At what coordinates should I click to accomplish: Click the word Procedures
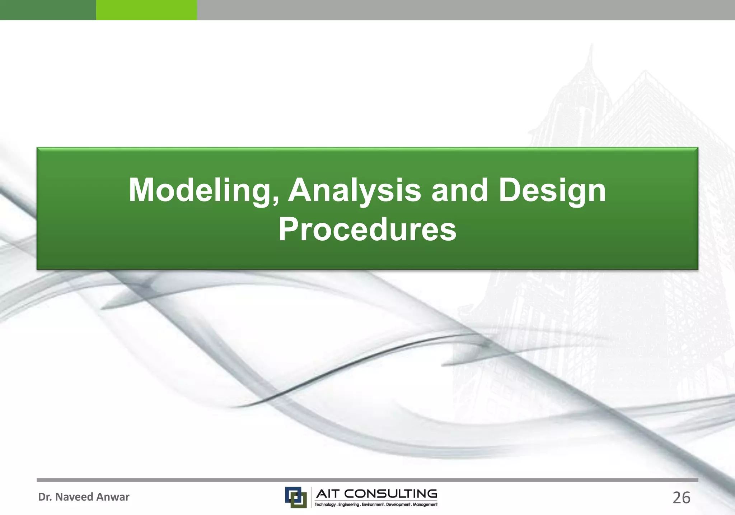pos(367,230)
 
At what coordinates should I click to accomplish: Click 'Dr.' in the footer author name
pos(45,497)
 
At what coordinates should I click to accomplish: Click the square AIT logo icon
pos(296,497)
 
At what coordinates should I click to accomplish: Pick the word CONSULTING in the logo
pos(391,494)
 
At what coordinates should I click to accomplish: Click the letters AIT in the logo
pos(327,494)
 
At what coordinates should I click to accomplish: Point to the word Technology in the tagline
pos(325,505)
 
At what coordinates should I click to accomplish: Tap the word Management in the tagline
pos(425,505)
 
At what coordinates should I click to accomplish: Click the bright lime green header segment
pos(146,10)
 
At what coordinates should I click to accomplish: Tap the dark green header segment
pos(48,10)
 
